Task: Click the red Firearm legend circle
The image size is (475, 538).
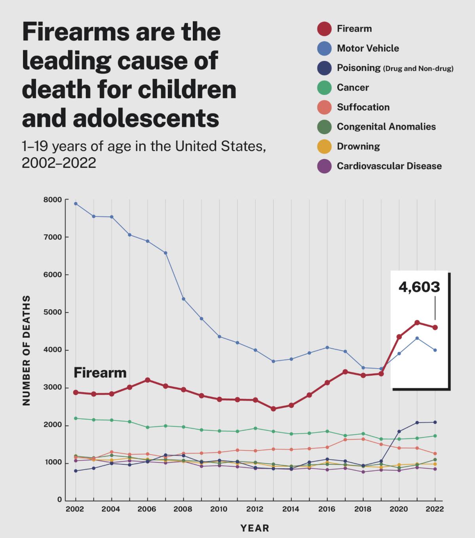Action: point(324,29)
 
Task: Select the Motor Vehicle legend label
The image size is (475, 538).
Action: point(368,48)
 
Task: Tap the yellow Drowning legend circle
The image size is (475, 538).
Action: point(324,146)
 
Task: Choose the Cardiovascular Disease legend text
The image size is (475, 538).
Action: point(389,166)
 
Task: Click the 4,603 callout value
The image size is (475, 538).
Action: point(419,287)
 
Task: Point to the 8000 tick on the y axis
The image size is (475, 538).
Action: point(53,200)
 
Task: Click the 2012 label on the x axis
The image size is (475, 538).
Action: point(255,509)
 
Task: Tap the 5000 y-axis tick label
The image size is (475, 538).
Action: point(53,312)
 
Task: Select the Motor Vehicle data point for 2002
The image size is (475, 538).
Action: point(76,203)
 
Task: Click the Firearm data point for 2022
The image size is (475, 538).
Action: point(435,327)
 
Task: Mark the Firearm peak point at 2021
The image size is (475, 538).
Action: point(417,323)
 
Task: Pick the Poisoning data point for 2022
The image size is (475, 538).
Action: point(435,422)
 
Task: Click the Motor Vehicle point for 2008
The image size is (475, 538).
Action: point(183,299)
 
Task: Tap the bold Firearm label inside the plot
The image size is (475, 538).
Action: point(100,373)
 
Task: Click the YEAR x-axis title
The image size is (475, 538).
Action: point(255,528)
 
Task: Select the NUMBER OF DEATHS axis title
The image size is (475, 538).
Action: point(27,350)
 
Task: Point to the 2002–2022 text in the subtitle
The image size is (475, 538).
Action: point(59,162)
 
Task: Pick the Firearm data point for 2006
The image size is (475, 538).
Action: point(147,380)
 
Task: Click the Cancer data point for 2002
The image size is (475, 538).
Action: point(76,418)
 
